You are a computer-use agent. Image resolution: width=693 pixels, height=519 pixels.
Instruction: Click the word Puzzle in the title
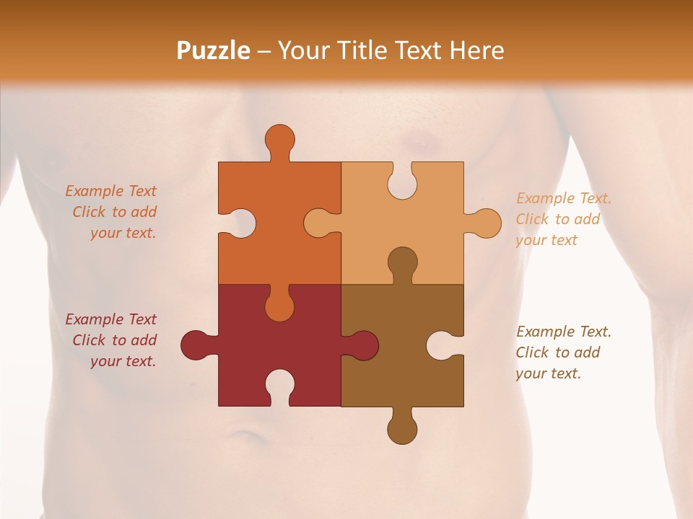[x=214, y=50]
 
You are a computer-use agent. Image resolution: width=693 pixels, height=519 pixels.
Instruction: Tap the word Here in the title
[x=476, y=50]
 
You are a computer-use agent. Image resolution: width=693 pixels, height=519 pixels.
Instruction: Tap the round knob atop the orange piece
[x=279, y=140]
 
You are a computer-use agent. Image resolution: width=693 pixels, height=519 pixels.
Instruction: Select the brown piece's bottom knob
[x=402, y=428]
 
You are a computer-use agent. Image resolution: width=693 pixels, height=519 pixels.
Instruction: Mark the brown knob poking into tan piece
[x=402, y=262]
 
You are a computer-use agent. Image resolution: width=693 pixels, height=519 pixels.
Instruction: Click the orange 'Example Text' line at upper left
[x=111, y=191]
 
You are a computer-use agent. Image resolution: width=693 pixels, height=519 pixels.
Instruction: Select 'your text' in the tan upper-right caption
[x=546, y=240]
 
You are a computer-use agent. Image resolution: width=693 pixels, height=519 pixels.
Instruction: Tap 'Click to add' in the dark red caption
[x=114, y=340]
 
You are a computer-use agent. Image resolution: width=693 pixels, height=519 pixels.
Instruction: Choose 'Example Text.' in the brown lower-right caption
[x=564, y=332]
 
